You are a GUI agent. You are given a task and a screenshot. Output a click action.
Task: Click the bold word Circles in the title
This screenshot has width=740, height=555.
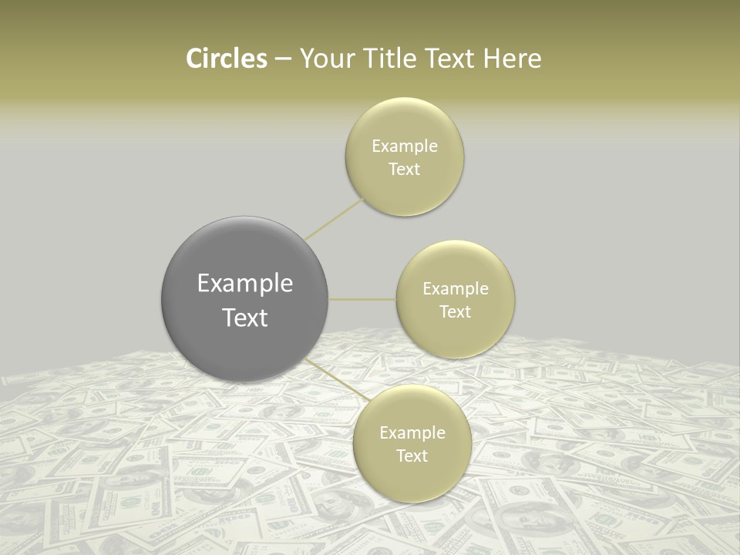click(227, 59)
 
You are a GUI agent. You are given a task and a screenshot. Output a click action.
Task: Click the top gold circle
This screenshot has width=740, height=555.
click(405, 123)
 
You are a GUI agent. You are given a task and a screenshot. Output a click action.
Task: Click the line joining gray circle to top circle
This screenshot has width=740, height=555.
click(334, 219)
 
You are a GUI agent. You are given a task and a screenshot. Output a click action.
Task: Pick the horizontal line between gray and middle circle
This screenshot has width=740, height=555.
click(362, 299)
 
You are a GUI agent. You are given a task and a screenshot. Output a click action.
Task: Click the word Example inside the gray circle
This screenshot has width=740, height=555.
click(245, 284)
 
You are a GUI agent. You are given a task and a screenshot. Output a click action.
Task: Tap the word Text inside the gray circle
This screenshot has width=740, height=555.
click(245, 318)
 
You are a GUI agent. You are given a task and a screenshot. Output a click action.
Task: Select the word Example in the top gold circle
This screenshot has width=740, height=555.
click(405, 146)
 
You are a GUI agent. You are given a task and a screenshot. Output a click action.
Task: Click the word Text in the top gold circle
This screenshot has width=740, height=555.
click(405, 169)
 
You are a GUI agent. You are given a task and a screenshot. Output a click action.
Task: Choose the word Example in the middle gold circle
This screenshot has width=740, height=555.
click(456, 289)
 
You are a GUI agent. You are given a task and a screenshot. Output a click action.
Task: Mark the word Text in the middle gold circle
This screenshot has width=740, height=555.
click(456, 311)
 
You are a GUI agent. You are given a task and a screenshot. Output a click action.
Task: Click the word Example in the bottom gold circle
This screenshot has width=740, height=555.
click(412, 433)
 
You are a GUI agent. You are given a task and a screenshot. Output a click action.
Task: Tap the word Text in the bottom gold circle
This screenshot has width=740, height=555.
click(412, 456)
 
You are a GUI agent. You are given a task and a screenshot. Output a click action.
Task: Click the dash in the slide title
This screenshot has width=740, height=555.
click(283, 59)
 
